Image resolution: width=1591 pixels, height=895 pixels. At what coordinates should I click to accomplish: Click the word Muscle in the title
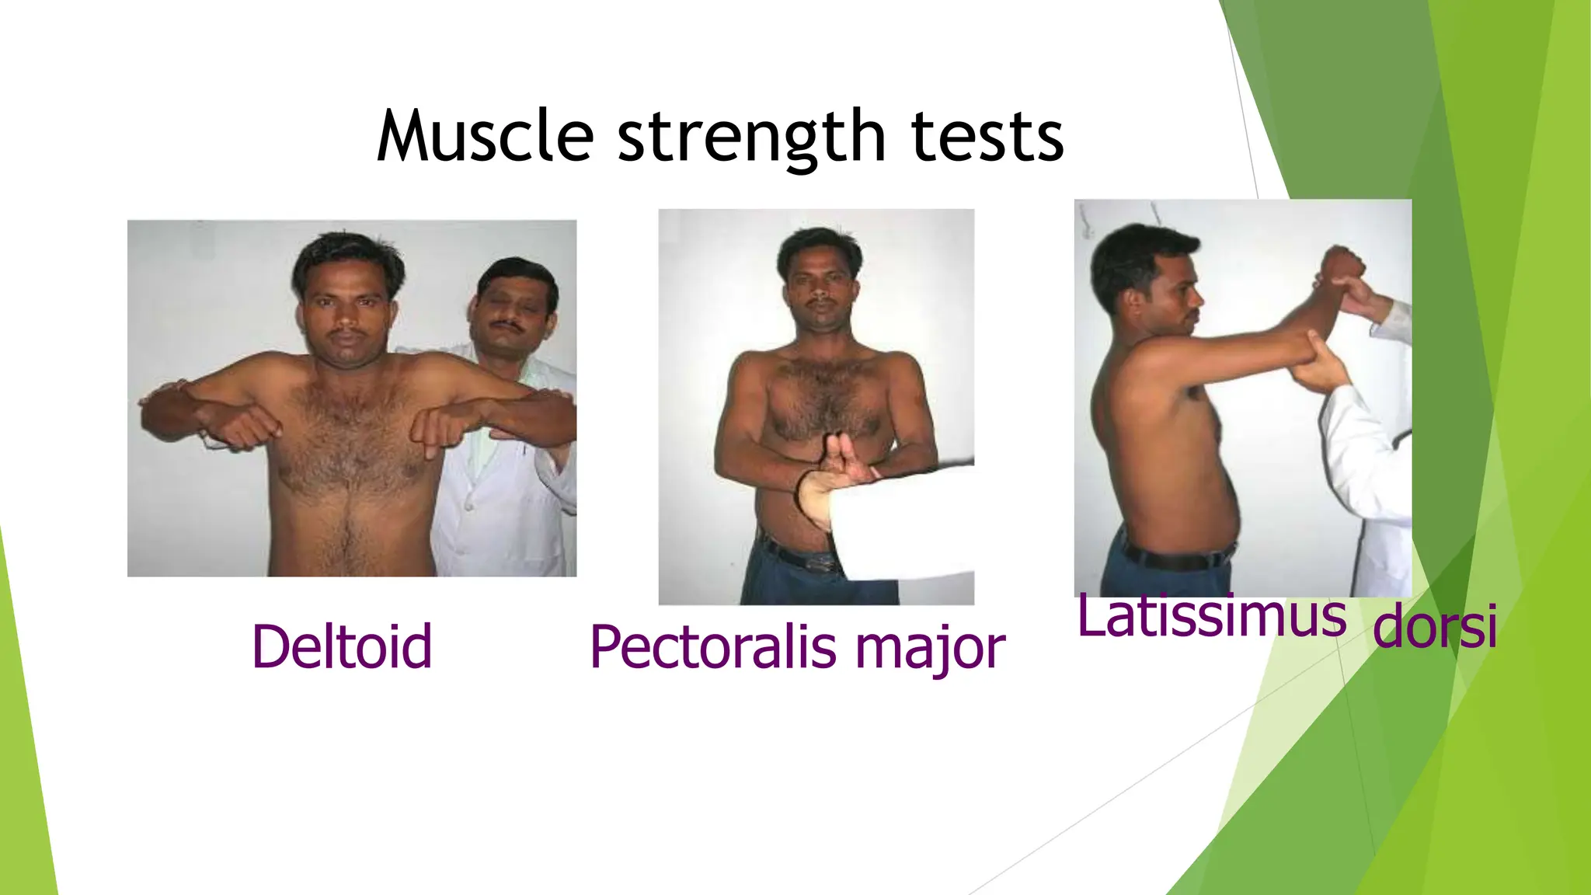point(486,137)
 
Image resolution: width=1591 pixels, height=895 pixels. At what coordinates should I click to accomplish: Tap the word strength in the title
point(751,138)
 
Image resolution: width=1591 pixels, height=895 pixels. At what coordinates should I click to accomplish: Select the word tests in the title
point(987,138)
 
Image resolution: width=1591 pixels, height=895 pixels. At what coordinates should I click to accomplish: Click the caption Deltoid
point(342,646)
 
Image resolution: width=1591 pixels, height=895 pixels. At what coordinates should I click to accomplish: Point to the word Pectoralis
point(713,647)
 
